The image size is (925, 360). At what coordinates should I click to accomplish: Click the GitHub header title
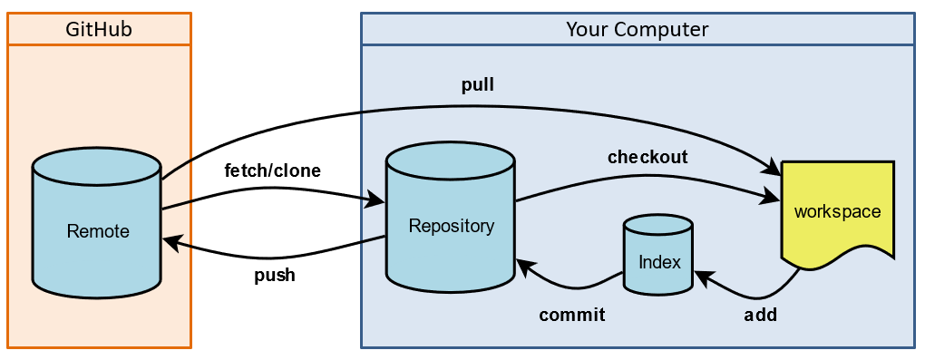(x=99, y=29)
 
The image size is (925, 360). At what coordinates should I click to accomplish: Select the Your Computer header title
(x=638, y=29)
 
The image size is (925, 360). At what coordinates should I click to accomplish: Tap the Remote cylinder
(x=97, y=224)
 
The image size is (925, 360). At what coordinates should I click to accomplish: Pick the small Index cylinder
(x=657, y=255)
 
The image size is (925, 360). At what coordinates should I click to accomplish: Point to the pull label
(x=477, y=85)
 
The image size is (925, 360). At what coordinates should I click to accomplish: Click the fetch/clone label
(x=273, y=170)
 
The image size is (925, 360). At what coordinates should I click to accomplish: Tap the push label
(x=274, y=276)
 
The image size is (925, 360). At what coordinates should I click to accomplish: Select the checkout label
(x=647, y=157)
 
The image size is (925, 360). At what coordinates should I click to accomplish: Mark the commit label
(x=571, y=315)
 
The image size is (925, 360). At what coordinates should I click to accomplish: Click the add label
(x=761, y=315)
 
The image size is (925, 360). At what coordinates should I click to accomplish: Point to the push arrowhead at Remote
(x=171, y=241)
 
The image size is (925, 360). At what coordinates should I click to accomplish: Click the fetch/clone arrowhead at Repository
(x=375, y=199)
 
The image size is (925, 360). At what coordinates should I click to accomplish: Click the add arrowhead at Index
(x=705, y=277)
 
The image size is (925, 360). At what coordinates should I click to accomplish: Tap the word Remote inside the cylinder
(x=98, y=230)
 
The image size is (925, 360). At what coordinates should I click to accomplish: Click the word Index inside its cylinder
(x=659, y=262)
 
